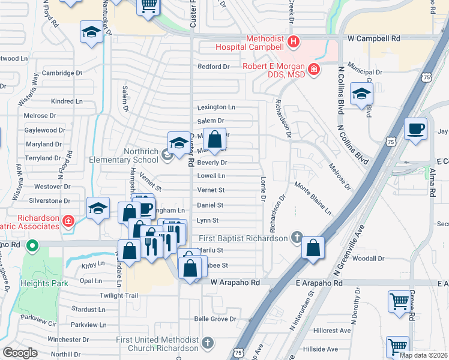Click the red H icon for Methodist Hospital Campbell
click(x=293, y=41)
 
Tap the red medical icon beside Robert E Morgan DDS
click(x=313, y=70)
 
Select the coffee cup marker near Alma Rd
click(x=415, y=129)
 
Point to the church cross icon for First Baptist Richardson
click(x=295, y=238)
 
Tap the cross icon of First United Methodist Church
click(x=207, y=343)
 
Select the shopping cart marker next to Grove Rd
click(x=399, y=302)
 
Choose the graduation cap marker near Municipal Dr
click(x=361, y=94)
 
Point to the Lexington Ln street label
click(x=216, y=107)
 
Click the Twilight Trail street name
click(x=119, y=296)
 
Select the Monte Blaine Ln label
click(x=312, y=199)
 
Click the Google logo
click(x=20, y=353)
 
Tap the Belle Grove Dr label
click(x=215, y=319)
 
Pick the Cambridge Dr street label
click(x=62, y=73)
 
